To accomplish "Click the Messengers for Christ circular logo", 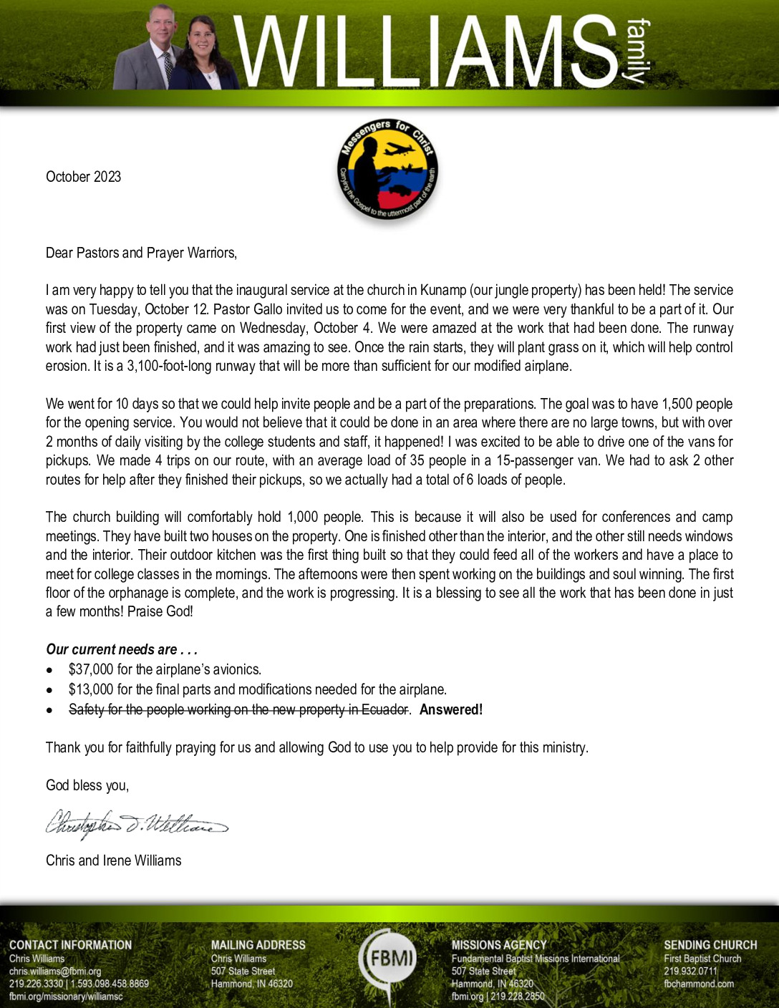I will [387, 170].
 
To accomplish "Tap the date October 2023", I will [83, 177].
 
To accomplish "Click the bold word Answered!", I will [451, 709].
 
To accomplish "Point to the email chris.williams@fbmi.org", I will [55, 971].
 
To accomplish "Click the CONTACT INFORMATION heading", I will [70, 945].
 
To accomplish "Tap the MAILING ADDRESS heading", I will [258, 945].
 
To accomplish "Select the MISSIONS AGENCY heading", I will [498, 945].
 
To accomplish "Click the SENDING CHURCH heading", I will [710, 945].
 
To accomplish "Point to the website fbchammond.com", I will [698, 984].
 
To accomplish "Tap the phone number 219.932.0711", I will [690, 971].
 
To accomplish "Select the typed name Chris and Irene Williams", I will [113, 861].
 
